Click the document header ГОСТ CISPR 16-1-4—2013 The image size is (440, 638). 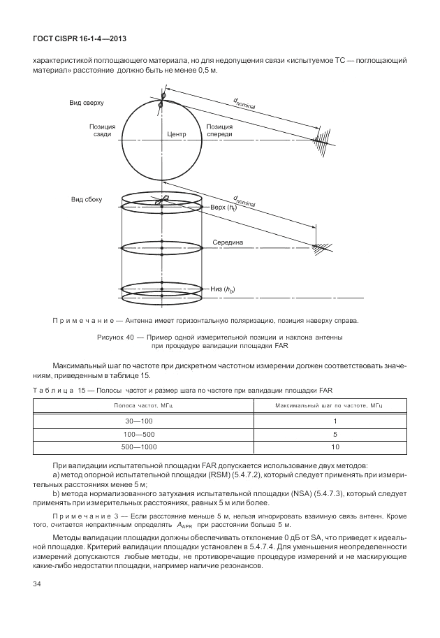(73, 39)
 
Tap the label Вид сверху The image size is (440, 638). (86, 103)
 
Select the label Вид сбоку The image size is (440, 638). (86, 200)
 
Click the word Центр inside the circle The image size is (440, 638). (178, 133)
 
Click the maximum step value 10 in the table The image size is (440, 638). (335, 447)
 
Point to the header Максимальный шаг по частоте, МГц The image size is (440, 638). (335, 405)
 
